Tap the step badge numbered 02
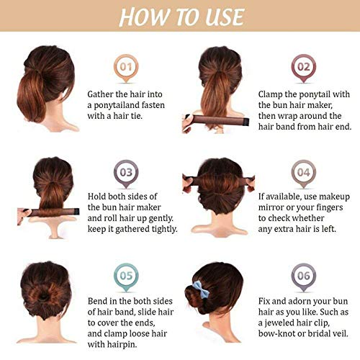(304, 68)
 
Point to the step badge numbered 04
(304, 173)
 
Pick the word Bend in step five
(100, 299)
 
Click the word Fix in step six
(266, 299)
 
